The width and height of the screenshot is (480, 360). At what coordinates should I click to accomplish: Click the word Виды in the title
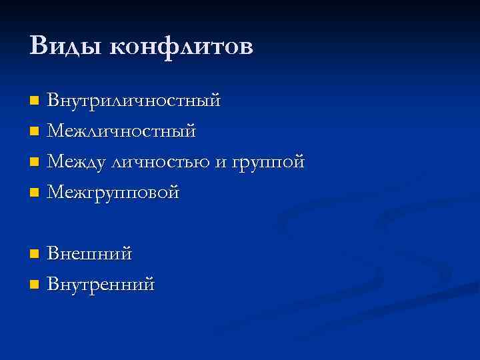65,47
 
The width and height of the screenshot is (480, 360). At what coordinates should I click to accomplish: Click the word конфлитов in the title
181,47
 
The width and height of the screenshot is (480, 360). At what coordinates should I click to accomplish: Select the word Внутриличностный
134,101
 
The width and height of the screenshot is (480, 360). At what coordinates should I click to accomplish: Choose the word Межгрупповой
114,193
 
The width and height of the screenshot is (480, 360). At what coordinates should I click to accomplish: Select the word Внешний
90,254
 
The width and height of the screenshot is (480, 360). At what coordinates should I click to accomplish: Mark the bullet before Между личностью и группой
35,163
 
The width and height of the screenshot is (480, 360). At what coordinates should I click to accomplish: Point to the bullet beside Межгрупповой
35,193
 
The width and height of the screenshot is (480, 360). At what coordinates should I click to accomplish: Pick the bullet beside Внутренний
35,285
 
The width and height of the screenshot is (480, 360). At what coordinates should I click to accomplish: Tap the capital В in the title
39,47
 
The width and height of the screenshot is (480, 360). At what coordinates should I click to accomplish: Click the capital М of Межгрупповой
57,193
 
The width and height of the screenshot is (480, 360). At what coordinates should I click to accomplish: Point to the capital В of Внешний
54,254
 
